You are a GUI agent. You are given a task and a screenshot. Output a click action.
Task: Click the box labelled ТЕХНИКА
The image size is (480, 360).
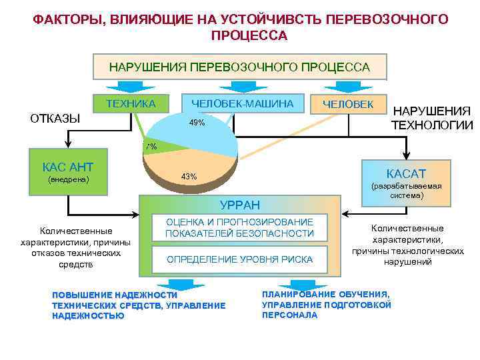tap(131, 103)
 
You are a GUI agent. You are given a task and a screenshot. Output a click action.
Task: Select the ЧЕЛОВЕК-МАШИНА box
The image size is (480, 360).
tap(242, 103)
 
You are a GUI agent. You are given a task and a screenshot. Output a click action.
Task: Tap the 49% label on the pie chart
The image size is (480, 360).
tap(197, 123)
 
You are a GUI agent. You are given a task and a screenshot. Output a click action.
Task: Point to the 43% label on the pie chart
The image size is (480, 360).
tap(189, 177)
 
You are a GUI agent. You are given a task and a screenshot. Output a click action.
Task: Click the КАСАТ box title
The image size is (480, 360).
tap(405, 172)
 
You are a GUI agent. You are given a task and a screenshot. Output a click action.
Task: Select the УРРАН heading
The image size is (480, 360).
tap(239, 205)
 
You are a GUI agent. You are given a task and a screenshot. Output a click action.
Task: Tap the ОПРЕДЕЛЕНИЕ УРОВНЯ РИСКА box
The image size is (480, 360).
tap(239, 259)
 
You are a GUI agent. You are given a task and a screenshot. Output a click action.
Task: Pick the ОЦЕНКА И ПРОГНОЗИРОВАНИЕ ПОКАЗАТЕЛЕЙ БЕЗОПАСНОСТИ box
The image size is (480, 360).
tap(239, 227)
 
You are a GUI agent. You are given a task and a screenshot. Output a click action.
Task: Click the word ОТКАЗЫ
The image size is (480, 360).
tap(55, 119)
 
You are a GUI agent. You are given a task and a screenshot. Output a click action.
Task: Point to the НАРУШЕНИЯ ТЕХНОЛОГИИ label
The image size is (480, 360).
tap(431, 118)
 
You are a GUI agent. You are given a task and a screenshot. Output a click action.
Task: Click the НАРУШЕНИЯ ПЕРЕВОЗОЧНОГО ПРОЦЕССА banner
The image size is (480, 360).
tap(239, 67)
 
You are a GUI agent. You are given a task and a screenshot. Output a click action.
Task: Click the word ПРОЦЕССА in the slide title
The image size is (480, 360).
tap(249, 35)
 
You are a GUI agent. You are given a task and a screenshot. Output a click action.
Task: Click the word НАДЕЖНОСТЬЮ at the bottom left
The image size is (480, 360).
tap(87, 316)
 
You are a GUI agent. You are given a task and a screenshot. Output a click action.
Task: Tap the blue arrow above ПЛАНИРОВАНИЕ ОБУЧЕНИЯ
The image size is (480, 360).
tap(291, 282)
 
